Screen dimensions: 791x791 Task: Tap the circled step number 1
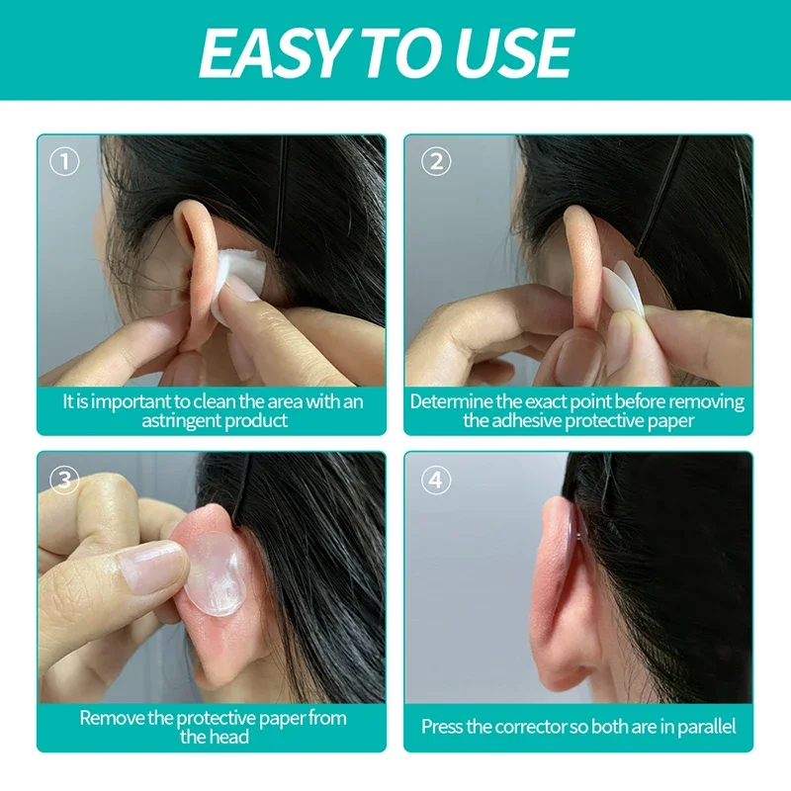tap(64, 161)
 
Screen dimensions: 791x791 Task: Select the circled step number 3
tap(64, 480)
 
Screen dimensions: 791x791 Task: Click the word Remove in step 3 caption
tap(112, 718)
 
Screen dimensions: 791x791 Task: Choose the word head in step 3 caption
tap(229, 737)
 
